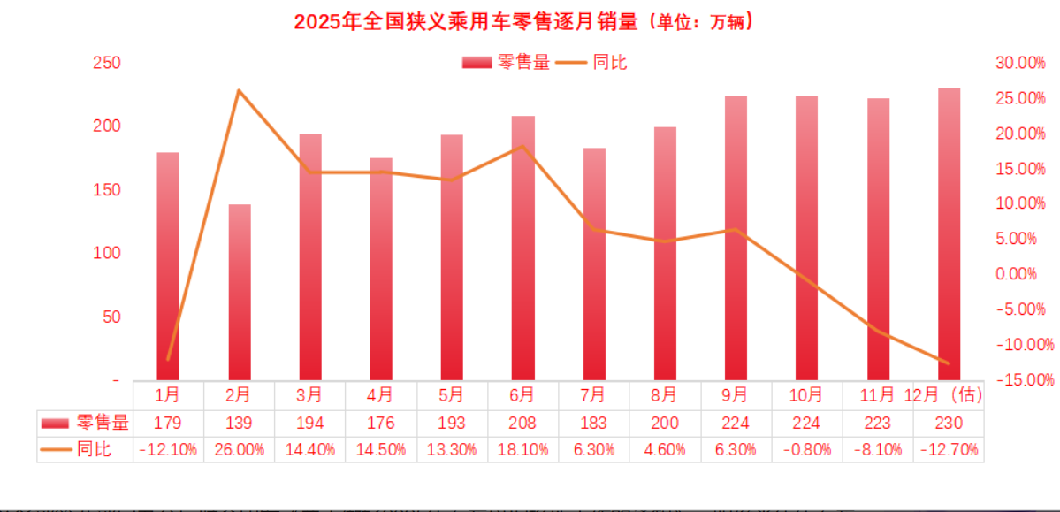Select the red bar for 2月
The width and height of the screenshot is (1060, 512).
pos(240,292)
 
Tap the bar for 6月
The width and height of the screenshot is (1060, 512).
pos(523,248)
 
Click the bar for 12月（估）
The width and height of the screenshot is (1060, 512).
pos(949,234)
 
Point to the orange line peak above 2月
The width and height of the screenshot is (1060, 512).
pos(239,90)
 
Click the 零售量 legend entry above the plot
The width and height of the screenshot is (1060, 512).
pos(507,62)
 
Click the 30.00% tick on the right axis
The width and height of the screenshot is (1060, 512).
pos(1019,63)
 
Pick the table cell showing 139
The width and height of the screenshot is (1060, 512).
pos(239,423)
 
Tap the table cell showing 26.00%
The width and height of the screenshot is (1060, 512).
pos(239,449)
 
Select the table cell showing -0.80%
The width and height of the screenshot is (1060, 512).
pos(807,449)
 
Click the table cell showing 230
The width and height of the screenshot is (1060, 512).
pos(949,423)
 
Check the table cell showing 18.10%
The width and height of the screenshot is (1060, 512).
pos(522,449)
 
